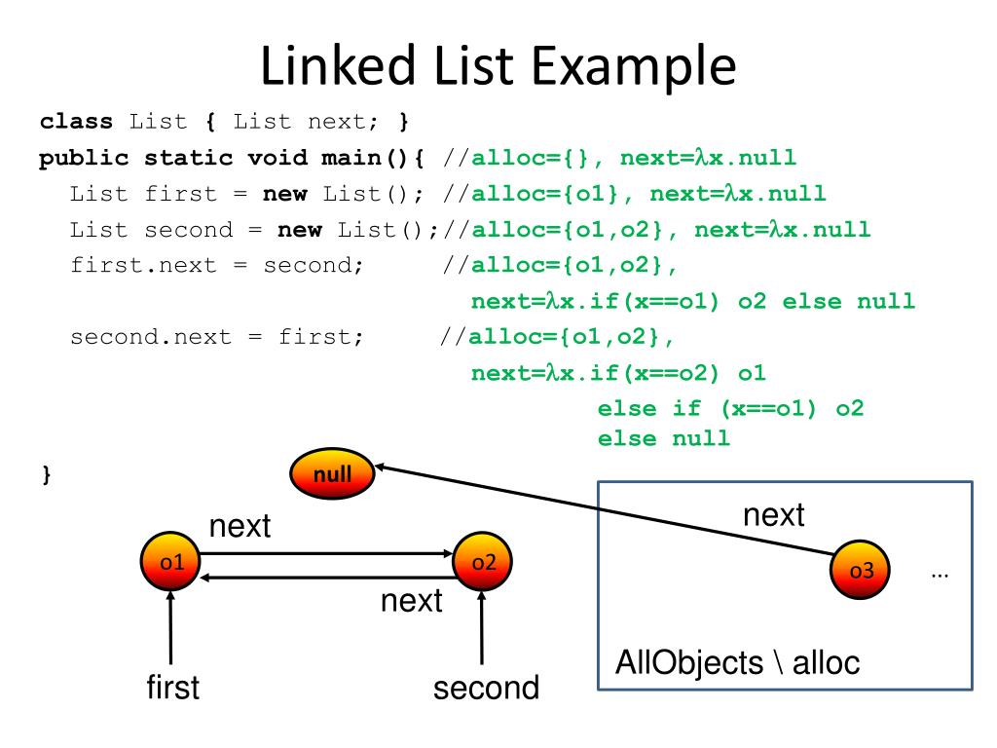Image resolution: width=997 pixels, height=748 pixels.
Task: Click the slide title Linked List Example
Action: pyautogui.click(x=498, y=65)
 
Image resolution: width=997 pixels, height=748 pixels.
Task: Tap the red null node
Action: pyautogui.click(x=332, y=474)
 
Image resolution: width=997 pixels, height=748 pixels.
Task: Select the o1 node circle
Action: pyautogui.click(x=170, y=562)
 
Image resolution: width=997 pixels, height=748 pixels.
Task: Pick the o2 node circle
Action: pyautogui.click(x=483, y=562)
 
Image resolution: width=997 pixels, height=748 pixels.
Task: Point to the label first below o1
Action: pyautogui.click(x=172, y=688)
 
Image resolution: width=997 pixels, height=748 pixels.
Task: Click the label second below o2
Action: pyautogui.click(x=486, y=688)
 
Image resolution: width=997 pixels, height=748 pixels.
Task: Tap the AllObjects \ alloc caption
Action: pyautogui.click(x=738, y=663)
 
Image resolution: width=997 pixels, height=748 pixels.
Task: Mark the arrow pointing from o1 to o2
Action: pyautogui.click(x=326, y=553)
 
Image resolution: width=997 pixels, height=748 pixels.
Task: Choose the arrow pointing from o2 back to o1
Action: pyautogui.click(x=326, y=578)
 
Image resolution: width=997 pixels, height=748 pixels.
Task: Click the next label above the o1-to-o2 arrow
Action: pyautogui.click(x=240, y=527)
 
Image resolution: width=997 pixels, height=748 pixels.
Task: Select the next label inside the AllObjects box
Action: pyautogui.click(x=773, y=514)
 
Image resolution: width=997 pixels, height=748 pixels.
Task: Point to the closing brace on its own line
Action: pyautogui.click(x=45, y=474)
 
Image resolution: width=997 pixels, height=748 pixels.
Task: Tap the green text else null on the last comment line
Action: pyautogui.click(x=663, y=437)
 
